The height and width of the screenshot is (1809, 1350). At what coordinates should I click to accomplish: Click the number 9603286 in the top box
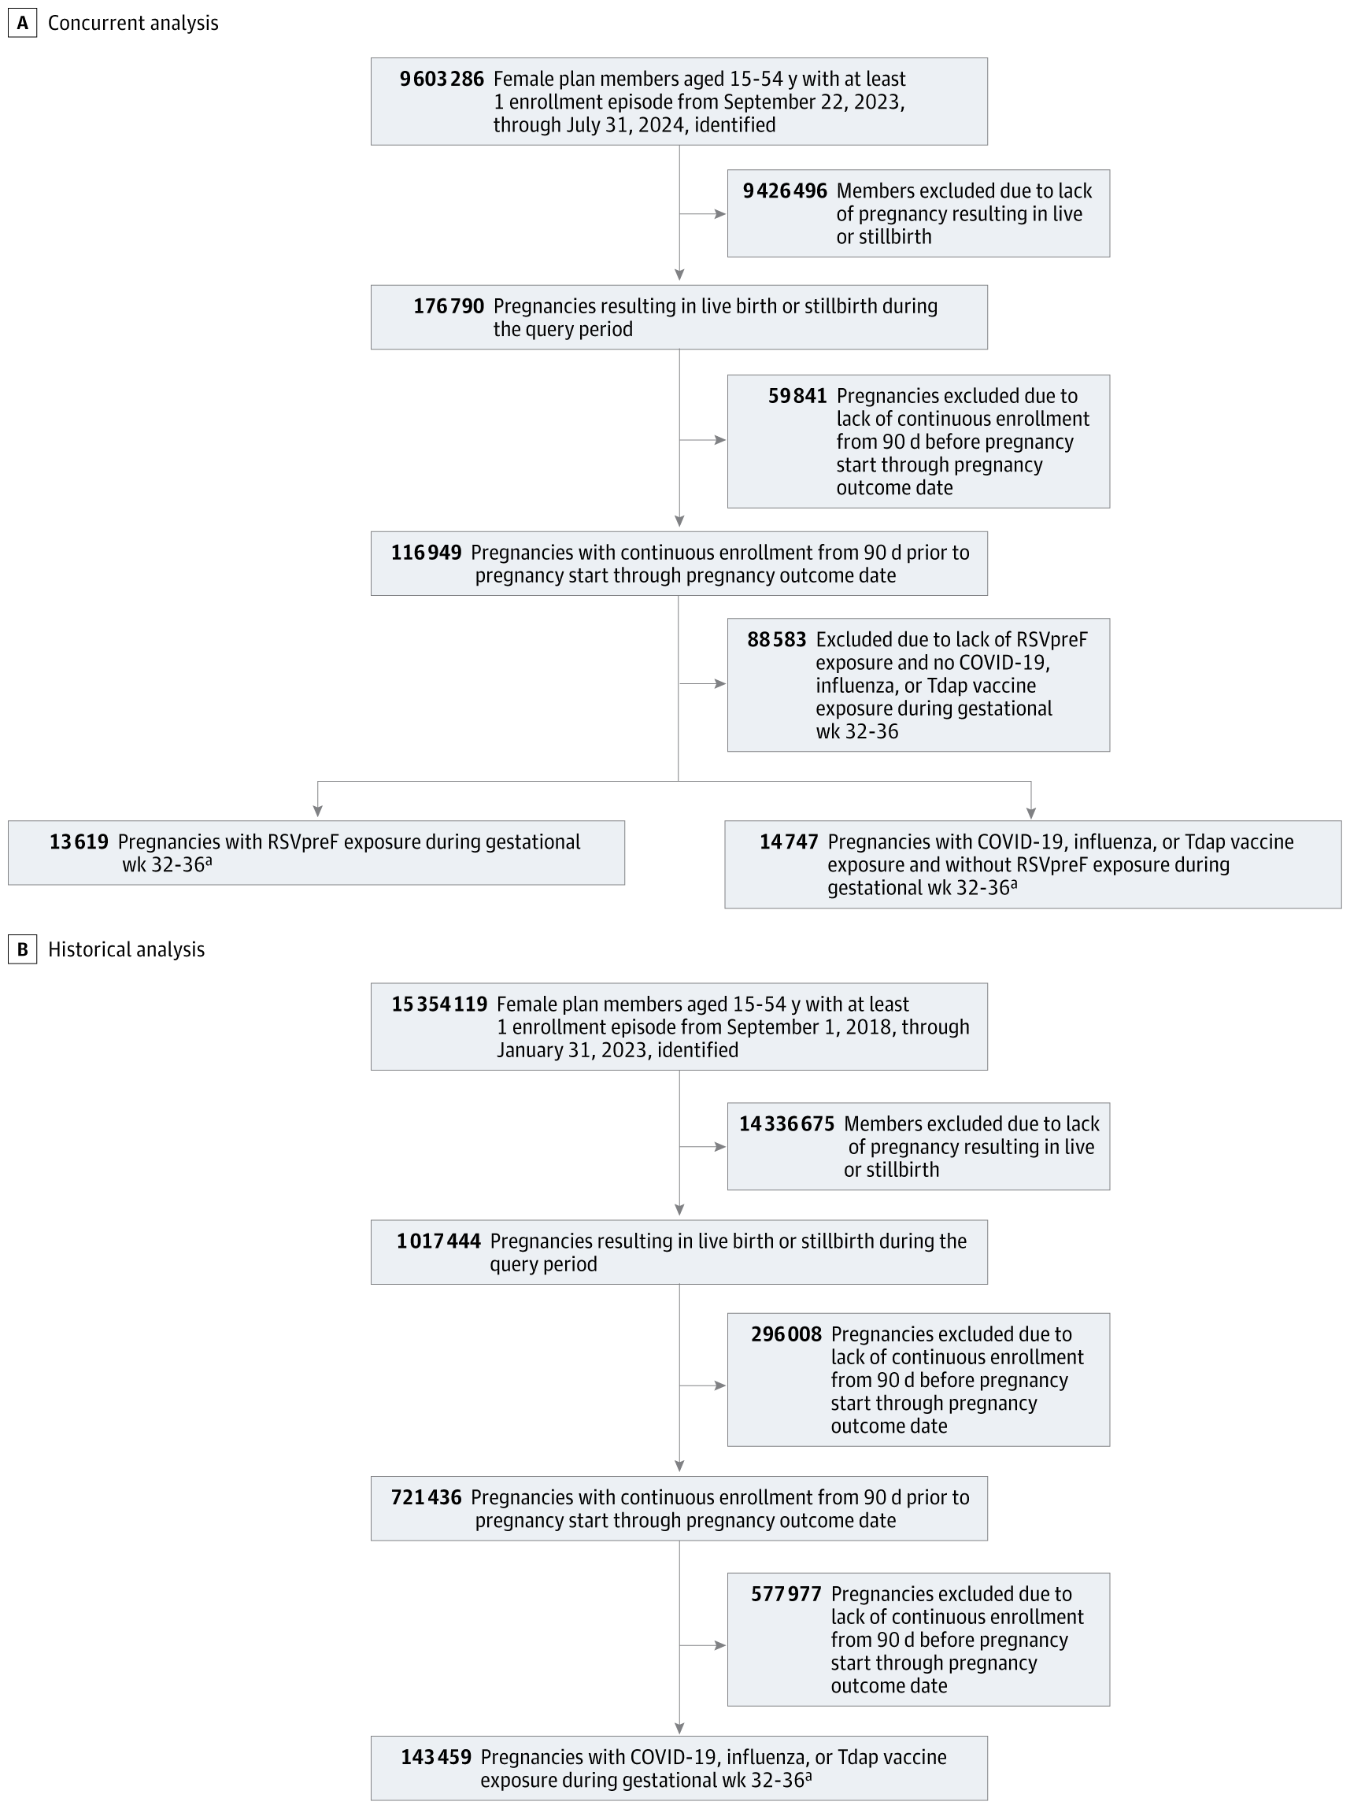442,80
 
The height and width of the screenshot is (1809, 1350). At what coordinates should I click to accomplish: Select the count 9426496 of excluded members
785,191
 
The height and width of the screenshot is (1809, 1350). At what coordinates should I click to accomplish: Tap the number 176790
449,306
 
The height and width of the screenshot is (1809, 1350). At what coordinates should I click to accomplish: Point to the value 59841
797,396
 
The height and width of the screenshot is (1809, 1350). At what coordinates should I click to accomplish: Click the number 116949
426,553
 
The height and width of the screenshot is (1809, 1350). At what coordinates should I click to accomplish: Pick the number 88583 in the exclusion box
776,640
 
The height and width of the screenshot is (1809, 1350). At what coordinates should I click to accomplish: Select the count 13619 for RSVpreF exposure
79,842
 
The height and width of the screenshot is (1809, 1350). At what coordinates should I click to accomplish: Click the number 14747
789,842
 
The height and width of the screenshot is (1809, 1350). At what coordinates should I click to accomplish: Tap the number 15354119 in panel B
438,1005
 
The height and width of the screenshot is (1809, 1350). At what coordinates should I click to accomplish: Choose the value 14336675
786,1124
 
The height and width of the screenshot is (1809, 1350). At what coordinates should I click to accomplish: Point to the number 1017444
438,1242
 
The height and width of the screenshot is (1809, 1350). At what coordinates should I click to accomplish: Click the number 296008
786,1335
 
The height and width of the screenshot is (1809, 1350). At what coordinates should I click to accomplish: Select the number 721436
426,1498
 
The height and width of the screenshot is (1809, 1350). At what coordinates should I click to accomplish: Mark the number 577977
786,1594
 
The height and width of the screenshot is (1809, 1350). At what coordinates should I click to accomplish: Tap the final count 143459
435,1758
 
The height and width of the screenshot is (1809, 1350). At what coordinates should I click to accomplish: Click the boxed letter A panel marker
22,23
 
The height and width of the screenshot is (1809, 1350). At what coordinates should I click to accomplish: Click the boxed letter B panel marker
22,949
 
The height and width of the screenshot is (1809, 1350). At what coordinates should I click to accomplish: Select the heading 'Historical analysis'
127,949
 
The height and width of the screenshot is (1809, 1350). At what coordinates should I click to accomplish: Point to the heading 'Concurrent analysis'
133,23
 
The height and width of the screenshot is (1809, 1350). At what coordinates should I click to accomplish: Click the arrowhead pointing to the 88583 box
720,684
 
